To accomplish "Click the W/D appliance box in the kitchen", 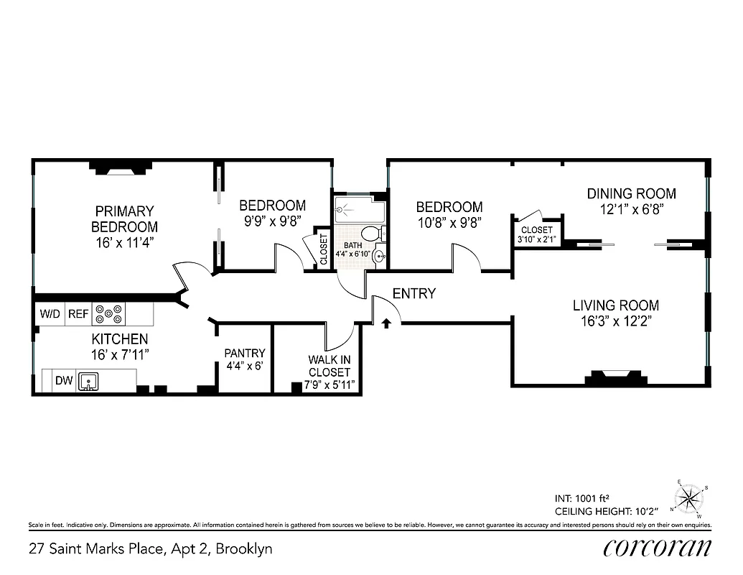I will coord(50,314).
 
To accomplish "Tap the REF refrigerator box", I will coord(77,314).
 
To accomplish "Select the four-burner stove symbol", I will coord(109,314).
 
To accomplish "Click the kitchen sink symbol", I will coord(89,381).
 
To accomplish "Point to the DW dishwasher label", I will coord(63,381).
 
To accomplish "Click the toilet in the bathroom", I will coord(371,234).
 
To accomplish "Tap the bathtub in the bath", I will coord(360,209).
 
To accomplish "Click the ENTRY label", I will coord(414,294).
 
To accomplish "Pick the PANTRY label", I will coord(245,353).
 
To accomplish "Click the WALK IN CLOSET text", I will coord(330,366).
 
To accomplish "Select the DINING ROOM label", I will coord(631,193).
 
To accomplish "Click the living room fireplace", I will coord(612,377).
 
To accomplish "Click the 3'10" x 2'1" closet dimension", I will coord(536,239).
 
